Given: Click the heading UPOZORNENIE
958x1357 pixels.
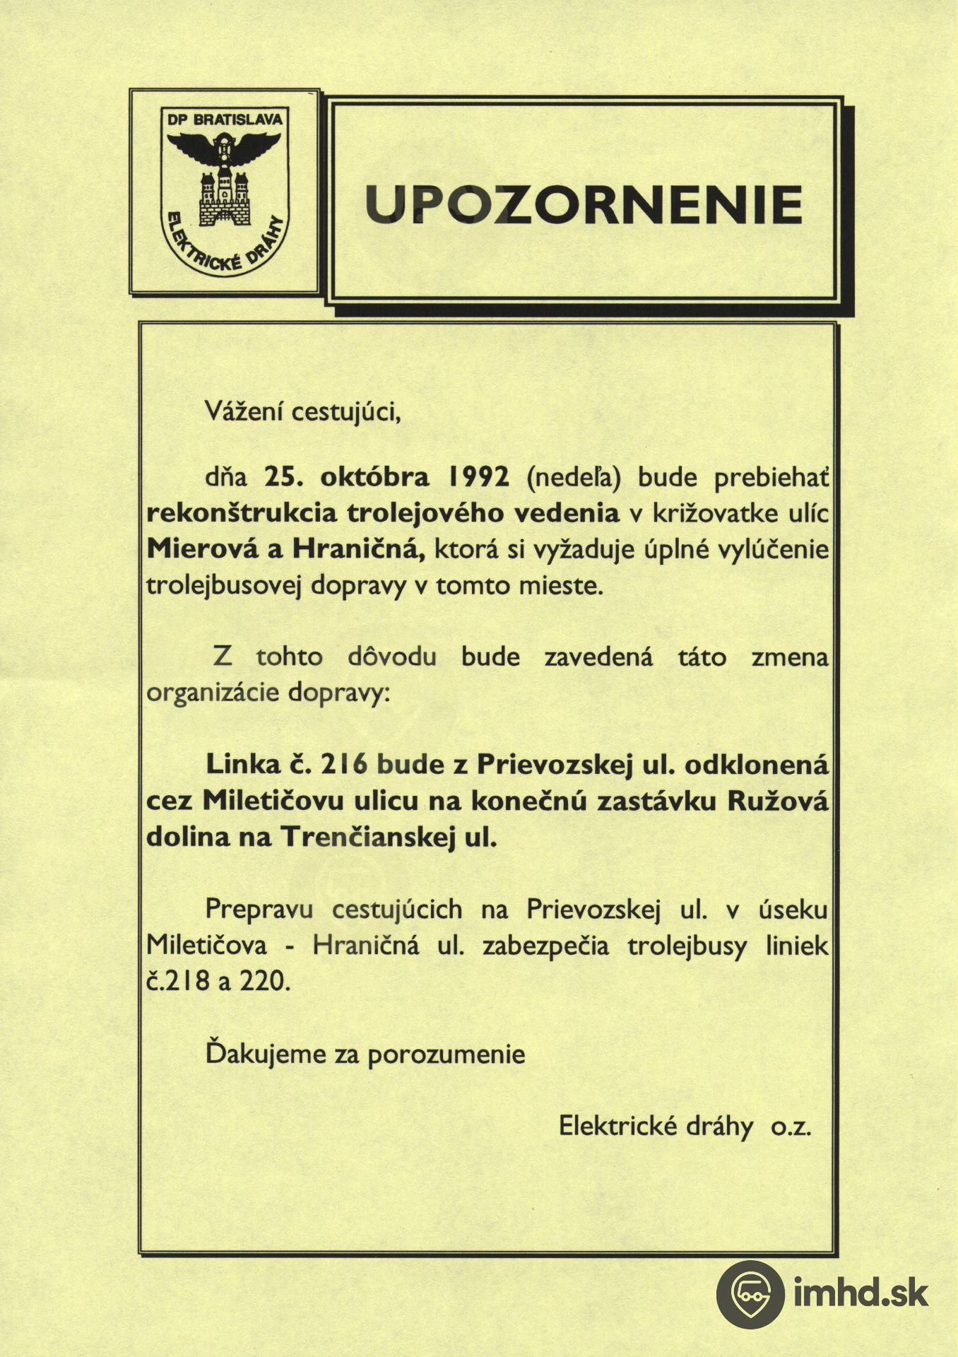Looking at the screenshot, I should click(x=584, y=204).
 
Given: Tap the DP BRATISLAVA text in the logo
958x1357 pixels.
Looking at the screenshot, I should click(x=225, y=119).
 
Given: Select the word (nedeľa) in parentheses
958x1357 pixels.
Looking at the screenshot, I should click(x=574, y=478).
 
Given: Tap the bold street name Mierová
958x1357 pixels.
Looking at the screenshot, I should click(x=203, y=549).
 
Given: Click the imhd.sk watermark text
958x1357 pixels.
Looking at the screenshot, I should click(x=861, y=1294).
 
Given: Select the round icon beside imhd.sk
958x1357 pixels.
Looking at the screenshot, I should click(x=750, y=1294).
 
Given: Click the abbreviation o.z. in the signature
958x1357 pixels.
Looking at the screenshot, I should click(x=791, y=1127).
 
